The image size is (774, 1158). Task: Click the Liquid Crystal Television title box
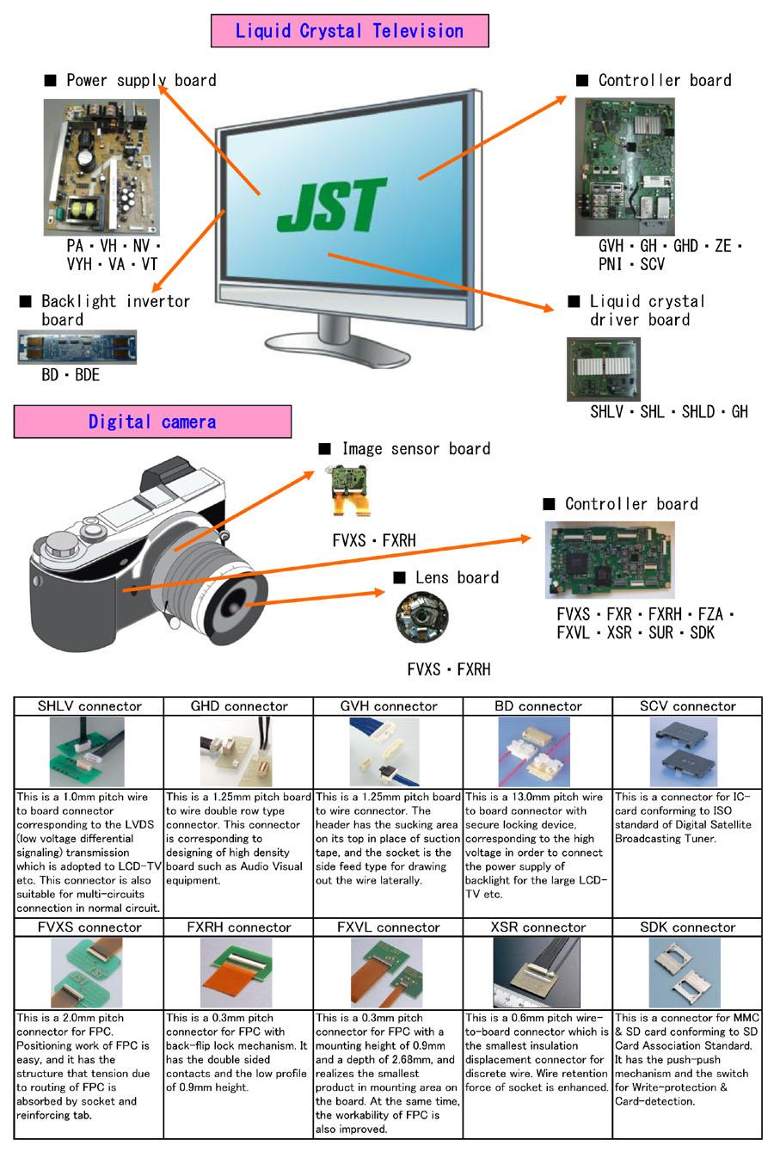[349, 32]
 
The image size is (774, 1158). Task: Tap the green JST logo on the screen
[332, 206]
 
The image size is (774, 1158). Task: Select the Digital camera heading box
[152, 422]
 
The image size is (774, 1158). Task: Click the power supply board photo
[101, 167]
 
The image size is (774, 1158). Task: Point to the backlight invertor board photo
[77, 348]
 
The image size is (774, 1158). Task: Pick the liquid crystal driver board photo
[603, 369]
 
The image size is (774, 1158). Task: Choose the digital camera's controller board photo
[609, 563]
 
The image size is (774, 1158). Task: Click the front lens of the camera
[236, 602]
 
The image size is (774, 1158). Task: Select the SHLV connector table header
[89, 706]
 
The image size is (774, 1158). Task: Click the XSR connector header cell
[538, 927]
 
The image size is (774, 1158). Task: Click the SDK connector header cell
[688, 927]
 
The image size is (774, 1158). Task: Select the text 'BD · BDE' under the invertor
[71, 375]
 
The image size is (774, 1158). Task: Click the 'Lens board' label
[457, 578]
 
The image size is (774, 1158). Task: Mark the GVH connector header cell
[389, 706]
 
